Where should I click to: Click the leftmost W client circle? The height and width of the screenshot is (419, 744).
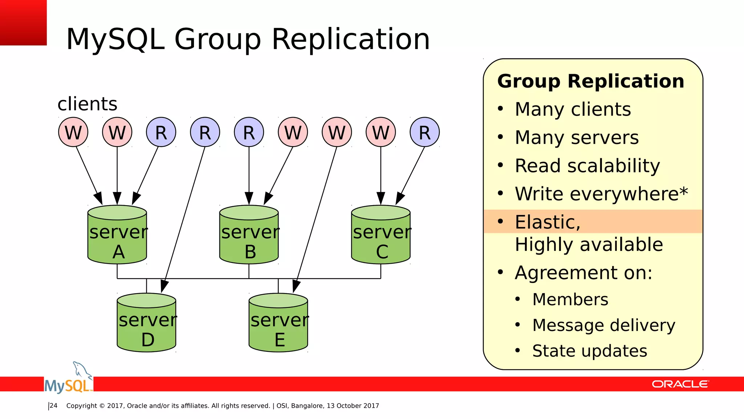point(73,132)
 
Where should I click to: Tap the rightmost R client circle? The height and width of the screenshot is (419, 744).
point(425,132)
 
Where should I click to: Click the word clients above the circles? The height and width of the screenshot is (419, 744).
point(87,104)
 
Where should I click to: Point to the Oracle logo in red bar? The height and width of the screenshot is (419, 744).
point(680,384)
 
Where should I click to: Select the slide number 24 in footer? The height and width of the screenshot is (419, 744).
point(53,406)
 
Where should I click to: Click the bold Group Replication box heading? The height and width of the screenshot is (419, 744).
point(591,81)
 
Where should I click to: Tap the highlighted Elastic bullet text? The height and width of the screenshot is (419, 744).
point(547,222)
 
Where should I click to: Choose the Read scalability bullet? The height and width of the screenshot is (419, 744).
point(587,166)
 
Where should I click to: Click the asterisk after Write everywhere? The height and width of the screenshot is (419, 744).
point(683,191)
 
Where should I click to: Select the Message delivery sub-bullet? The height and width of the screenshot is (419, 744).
point(603,325)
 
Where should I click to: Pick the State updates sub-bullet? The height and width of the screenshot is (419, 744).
point(589,351)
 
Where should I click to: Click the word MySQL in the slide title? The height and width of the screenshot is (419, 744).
point(116,39)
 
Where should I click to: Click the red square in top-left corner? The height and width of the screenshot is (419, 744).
point(23,23)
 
